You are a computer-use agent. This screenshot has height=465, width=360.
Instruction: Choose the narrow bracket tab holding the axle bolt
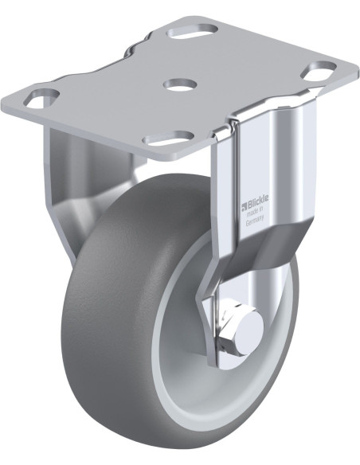tap(215, 326)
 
